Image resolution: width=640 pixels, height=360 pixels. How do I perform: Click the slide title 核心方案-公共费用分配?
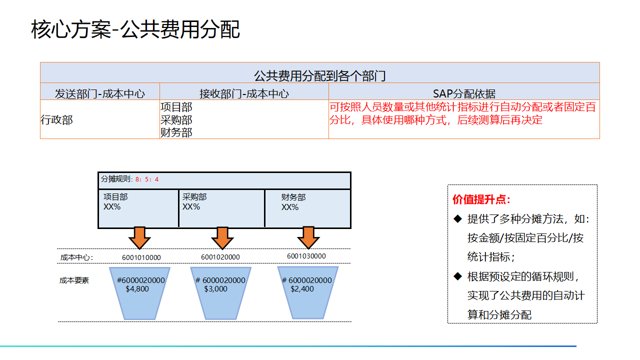pos(135,29)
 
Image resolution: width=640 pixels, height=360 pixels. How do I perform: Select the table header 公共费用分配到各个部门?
pos(319,76)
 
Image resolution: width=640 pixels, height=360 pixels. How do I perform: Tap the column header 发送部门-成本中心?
pos(100,93)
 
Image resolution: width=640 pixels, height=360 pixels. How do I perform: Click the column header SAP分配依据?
pos(464,93)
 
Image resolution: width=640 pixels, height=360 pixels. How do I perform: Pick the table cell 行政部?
pos(56,120)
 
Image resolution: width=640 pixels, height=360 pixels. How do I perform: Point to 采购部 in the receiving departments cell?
pos(176,120)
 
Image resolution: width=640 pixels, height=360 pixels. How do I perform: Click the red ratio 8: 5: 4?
pos(147,179)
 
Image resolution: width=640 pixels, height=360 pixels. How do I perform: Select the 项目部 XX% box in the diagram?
pos(138,208)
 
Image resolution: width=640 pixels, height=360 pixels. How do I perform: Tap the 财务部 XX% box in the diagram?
pos(307,208)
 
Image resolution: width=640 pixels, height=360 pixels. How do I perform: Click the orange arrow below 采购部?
pos(222,237)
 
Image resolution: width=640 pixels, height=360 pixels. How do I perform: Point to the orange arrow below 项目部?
pos(139,237)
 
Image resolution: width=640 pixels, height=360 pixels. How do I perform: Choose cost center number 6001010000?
pos(141,257)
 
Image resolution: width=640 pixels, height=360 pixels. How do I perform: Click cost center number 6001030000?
pos(306,256)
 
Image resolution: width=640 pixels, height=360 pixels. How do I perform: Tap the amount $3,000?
pos(215,289)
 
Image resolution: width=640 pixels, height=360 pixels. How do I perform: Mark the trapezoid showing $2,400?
pos(308,292)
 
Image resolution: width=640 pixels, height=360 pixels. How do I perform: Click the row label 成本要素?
pos(74,280)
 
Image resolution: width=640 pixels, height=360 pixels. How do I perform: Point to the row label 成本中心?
pos(77,257)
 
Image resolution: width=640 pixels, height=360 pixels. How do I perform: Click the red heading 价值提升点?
pos(481,199)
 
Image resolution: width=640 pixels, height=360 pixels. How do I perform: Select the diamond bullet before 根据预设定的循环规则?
pos(457,276)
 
